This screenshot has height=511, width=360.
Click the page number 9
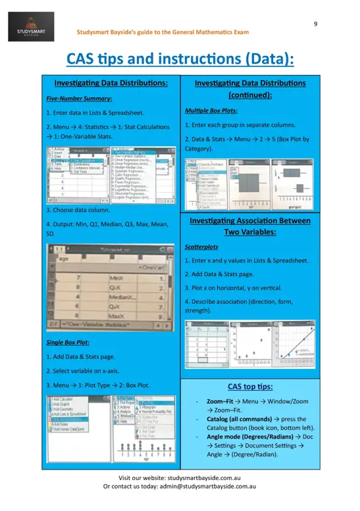[x=315, y=24]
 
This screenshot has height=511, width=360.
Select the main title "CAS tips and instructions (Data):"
[x=180, y=59]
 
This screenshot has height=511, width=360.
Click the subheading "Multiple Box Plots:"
[x=211, y=111]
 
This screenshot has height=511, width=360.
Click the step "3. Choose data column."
[x=80, y=210]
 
